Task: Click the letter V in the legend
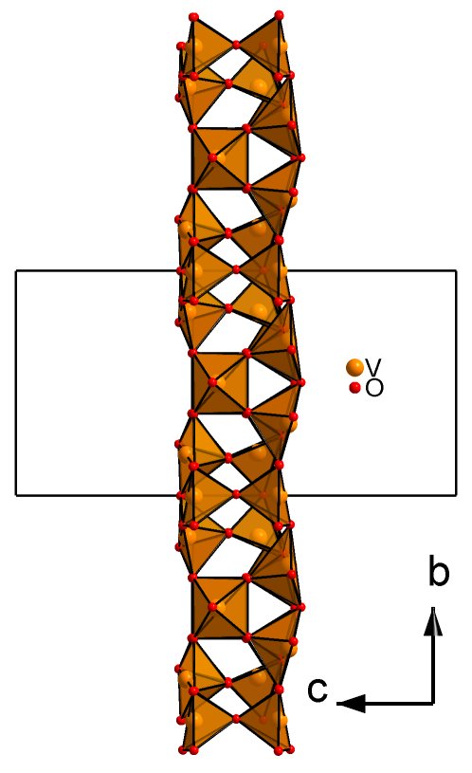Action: [x=374, y=366]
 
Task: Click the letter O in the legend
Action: [x=374, y=389]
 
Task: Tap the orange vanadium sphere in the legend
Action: [x=354, y=367]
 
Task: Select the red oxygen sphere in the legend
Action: [x=354, y=388]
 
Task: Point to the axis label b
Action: [x=439, y=572]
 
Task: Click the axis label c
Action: [x=318, y=690]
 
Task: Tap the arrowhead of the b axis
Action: [x=433, y=620]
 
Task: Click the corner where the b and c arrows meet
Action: [x=433, y=703]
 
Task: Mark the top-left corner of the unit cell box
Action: [x=16, y=270]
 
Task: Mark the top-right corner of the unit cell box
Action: [x=456, y=270]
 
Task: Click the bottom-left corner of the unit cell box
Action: [x=16, y=494]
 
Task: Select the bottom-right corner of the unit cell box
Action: [x=456, y=494]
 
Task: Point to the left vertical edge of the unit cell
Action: [x=16, y=382]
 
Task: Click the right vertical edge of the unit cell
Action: [x=456, y=382]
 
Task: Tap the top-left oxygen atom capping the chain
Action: [x=193, y=17]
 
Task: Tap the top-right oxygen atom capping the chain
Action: [x=279, y=15]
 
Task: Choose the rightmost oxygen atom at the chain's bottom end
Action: [x=290, y=750]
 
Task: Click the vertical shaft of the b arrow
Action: [x=433, y=668]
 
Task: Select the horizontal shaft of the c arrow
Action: [x=399, y=703]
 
